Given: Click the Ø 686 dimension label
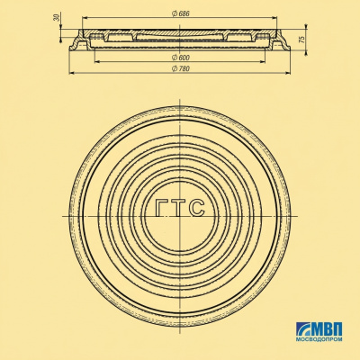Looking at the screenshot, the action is (181, 13).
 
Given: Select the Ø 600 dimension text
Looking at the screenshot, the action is (181, 58).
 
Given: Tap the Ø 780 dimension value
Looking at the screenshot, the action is (181, 68).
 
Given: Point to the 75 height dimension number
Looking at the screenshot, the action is (302, 40).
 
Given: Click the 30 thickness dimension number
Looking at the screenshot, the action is (57, 18).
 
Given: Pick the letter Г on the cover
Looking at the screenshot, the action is (162, 208).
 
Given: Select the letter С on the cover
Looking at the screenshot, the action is (198, 208).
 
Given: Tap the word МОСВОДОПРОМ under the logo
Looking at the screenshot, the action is (319, 339).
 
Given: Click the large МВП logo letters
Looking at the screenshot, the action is (328, 329).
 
